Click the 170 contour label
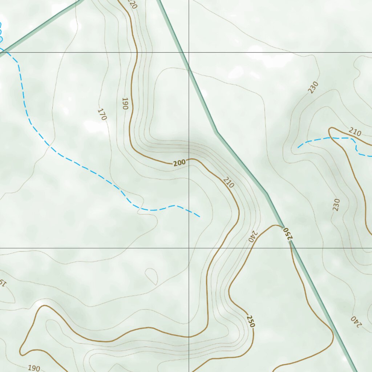(102, 114)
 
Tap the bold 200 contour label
(179, 163)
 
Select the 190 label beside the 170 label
(125, 103)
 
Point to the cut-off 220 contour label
(132, 4)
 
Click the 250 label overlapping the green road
(287, 233)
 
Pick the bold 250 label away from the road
(251, 321)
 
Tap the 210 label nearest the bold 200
(229, 182)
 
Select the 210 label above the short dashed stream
(355, 132)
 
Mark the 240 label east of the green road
(356, 321)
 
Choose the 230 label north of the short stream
(313, 88)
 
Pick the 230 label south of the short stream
(336, 205)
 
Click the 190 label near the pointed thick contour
(34, 368)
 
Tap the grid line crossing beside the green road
(189, 52)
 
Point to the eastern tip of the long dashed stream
(199, 217)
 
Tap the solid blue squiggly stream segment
(1, 33)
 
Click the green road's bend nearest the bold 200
(217, 132)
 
